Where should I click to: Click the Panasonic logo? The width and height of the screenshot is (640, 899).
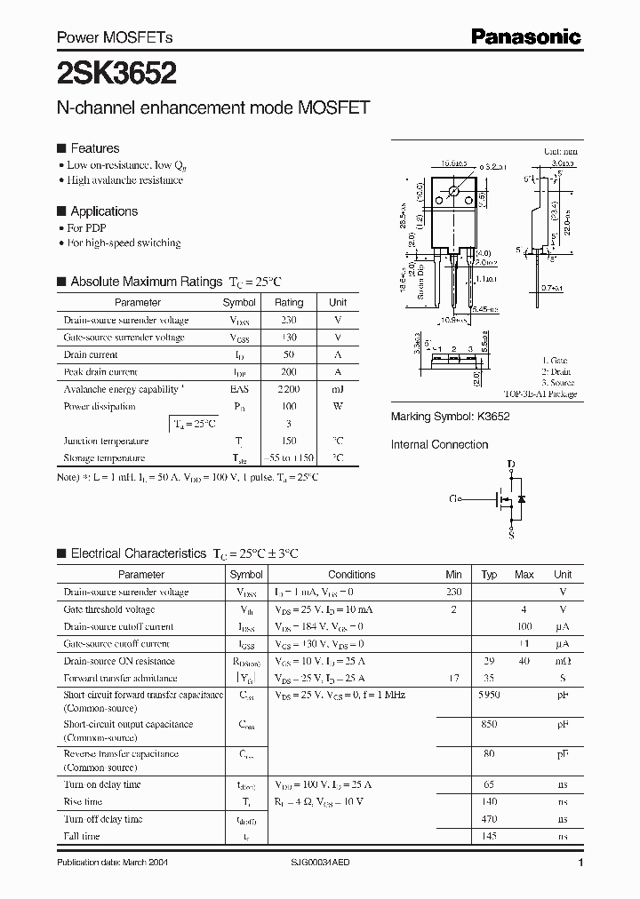pos(525,36)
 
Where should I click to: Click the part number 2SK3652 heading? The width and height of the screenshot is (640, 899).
pos(116,72)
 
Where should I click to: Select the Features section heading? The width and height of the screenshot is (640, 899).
pos(94,148)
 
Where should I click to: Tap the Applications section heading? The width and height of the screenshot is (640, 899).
pos(104,211)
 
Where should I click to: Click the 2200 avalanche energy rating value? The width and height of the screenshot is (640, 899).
pos(288,389)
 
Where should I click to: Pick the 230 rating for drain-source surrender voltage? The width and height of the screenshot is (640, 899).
pos(288,320)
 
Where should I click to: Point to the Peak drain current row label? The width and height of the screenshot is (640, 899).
pos(100,372)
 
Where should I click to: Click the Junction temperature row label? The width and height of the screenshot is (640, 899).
pos(105,442)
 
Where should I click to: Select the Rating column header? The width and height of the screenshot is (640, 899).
pos(288,303)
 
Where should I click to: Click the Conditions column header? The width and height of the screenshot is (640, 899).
pos(351,575)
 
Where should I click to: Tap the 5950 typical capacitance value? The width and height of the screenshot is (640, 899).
pos(489,695)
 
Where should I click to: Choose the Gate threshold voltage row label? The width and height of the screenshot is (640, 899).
pos(108,609)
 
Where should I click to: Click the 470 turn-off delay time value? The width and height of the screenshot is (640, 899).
pos(489,819)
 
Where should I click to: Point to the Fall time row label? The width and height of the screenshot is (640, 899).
pos(82,836)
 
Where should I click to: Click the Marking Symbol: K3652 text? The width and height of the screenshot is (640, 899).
pos(451,417)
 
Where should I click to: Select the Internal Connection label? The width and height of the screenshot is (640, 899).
pos(440,444)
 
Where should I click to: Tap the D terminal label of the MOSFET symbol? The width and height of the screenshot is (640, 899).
pos(511,465)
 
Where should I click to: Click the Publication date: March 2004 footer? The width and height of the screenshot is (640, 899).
pos(112,863)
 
